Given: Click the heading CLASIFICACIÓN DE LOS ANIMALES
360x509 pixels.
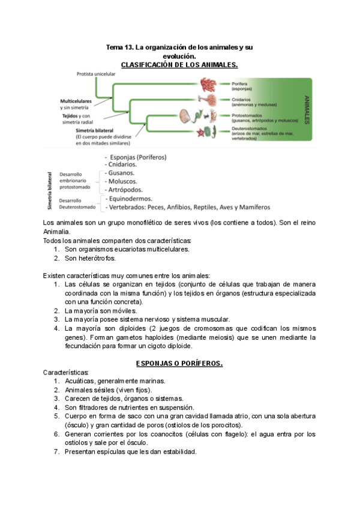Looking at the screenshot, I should coord(180,64).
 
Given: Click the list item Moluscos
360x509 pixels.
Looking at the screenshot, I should coord(122,181).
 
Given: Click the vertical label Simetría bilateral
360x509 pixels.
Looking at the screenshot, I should coord(50,191).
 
